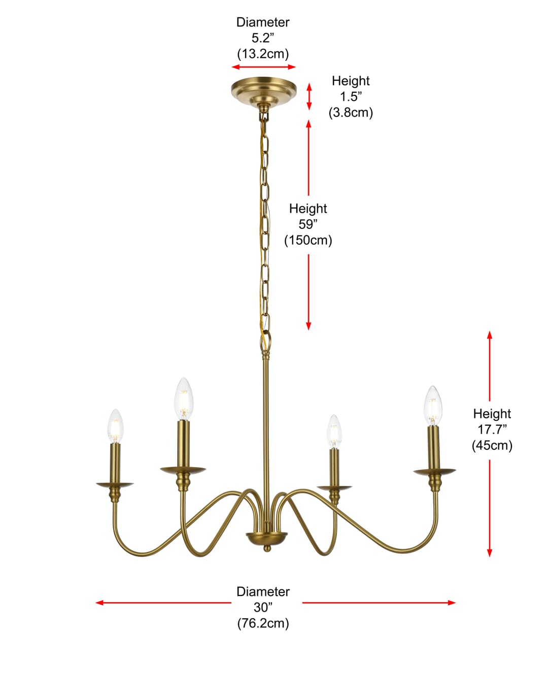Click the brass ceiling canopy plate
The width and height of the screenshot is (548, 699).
point(263,90)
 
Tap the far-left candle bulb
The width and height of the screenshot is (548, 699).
point(115,426)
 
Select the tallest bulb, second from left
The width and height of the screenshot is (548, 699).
point(184,399)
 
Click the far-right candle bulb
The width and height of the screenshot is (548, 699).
point(433,406)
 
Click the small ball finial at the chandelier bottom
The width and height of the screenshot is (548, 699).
point(266,548)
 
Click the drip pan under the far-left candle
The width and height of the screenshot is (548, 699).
point(115,484)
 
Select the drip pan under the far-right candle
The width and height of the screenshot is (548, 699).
point(434,472)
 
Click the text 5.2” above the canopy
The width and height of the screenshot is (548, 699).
point(263,38)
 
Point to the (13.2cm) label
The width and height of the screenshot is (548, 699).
point(263,53)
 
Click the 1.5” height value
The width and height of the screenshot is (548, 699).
point(351,96)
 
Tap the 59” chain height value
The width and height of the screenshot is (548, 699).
point(308,224)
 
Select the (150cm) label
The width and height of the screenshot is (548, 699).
point(308,240)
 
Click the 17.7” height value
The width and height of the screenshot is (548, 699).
point(492,429)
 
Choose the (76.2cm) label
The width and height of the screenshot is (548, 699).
point(263,623)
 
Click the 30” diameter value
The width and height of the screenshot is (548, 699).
point(263,607)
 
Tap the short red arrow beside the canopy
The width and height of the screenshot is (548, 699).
point(309,96)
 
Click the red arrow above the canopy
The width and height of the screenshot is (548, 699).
point(263,67)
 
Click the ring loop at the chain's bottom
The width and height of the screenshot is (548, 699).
point(266,341)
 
